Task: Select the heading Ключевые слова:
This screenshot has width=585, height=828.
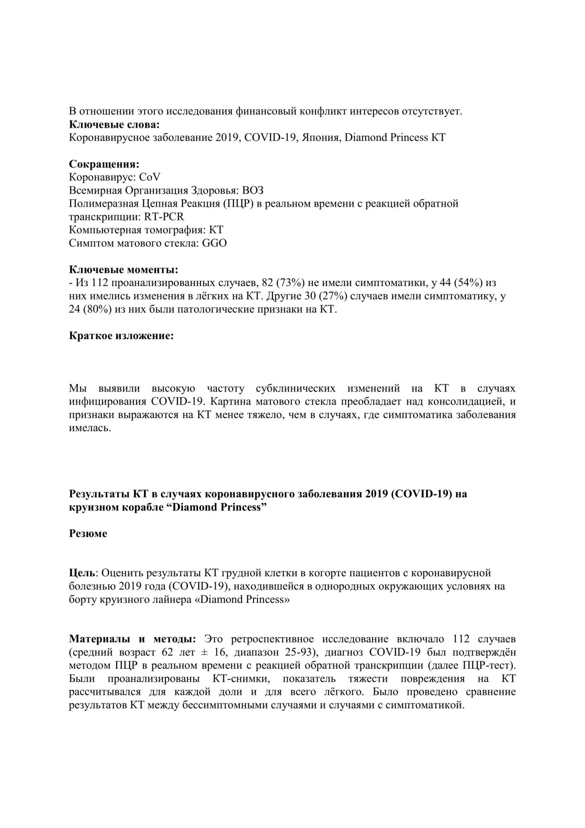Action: click(114, 124)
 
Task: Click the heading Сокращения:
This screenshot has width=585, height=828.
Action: click(104, 164)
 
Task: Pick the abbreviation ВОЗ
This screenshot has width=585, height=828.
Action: click(253, 190)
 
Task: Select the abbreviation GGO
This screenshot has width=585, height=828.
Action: click(214, 243)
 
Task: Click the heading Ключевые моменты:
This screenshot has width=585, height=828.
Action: click(123, 270)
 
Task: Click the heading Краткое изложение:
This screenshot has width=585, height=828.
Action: click(121, 336)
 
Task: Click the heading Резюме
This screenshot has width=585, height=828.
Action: click(88, 534)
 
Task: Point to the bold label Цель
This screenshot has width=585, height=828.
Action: click(82, 573)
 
